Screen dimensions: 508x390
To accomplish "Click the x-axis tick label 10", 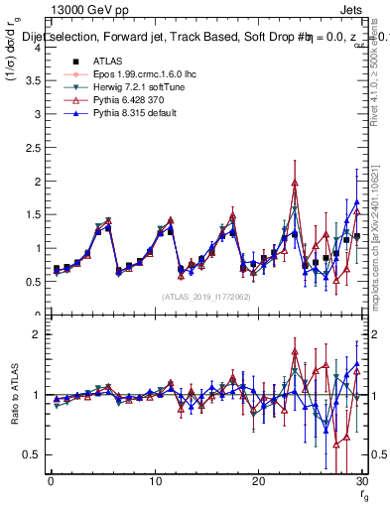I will tap(155, 481).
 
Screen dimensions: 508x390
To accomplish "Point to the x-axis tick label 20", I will tap(258, 481).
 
